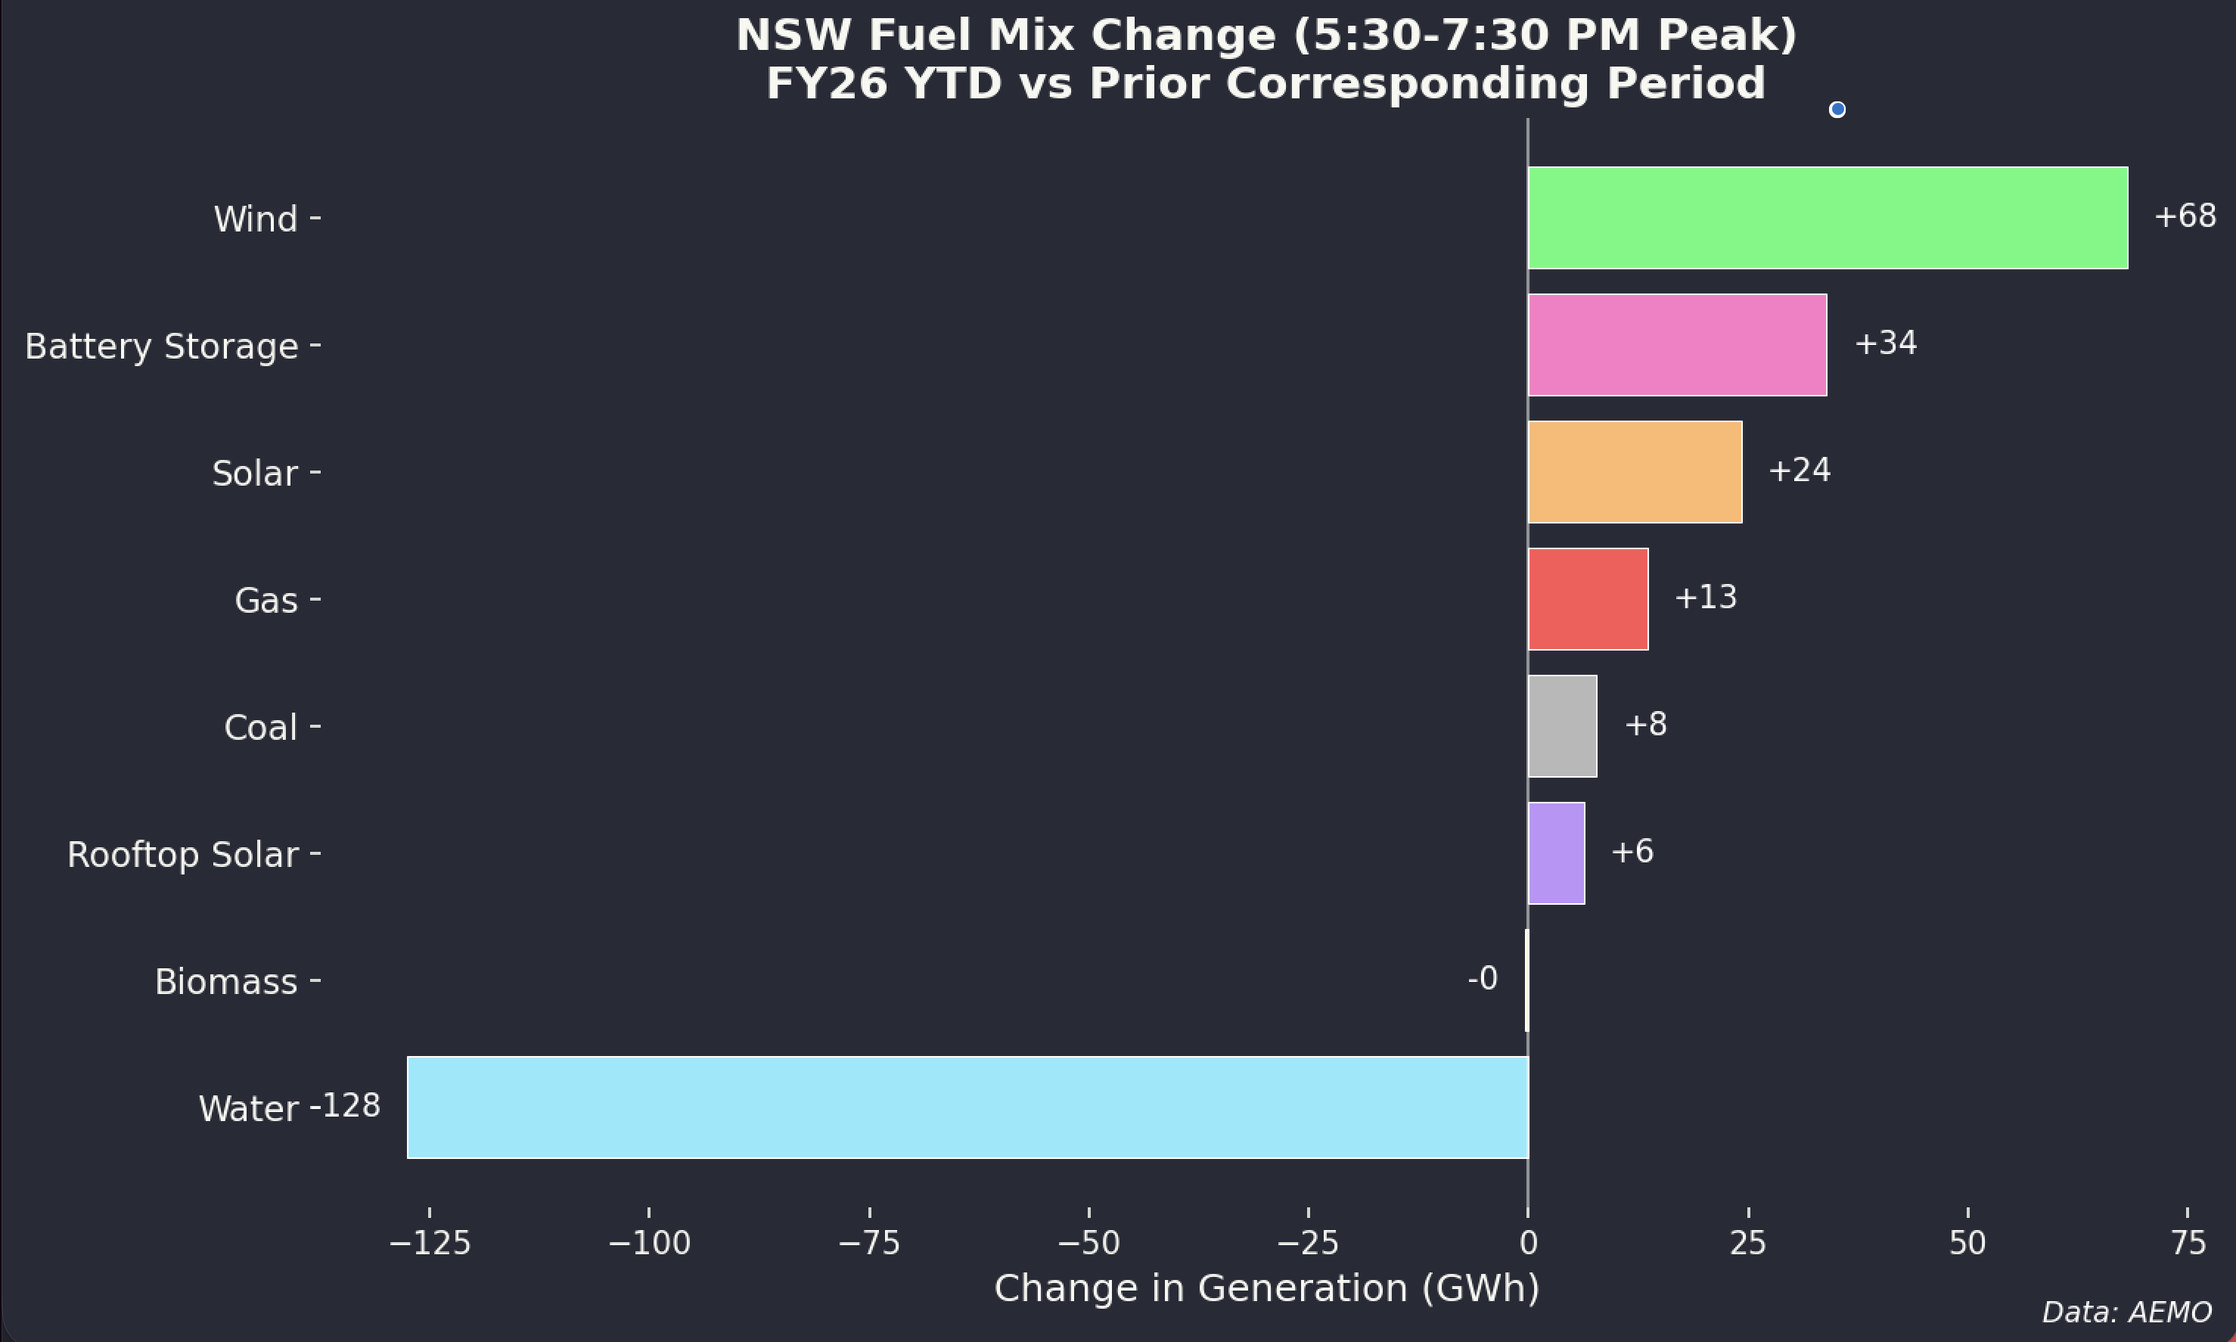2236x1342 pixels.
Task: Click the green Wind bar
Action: coord(1827,217)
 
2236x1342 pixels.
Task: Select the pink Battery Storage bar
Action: coord(1676,344)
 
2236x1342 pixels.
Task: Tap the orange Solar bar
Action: coord(1634,471)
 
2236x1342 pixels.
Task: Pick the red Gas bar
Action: coord(1587,598)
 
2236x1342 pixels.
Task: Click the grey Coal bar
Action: coord(1561,725)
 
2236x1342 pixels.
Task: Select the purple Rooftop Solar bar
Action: coord(1555,853)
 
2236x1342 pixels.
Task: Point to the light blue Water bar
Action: coord(967,1107)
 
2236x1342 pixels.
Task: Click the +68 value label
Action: coord(2185,216)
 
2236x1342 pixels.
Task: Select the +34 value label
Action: coord(1885,343)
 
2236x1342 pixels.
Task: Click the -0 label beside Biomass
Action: coord(1482,978)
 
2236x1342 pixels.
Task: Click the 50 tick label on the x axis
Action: coord(1967,1244)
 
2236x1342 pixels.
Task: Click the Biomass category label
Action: coord(225,981)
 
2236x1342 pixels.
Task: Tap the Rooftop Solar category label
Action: coord(182,855)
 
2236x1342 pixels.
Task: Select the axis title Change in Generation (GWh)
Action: coord(1266,1288)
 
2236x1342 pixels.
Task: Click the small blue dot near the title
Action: coord(1837,110)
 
